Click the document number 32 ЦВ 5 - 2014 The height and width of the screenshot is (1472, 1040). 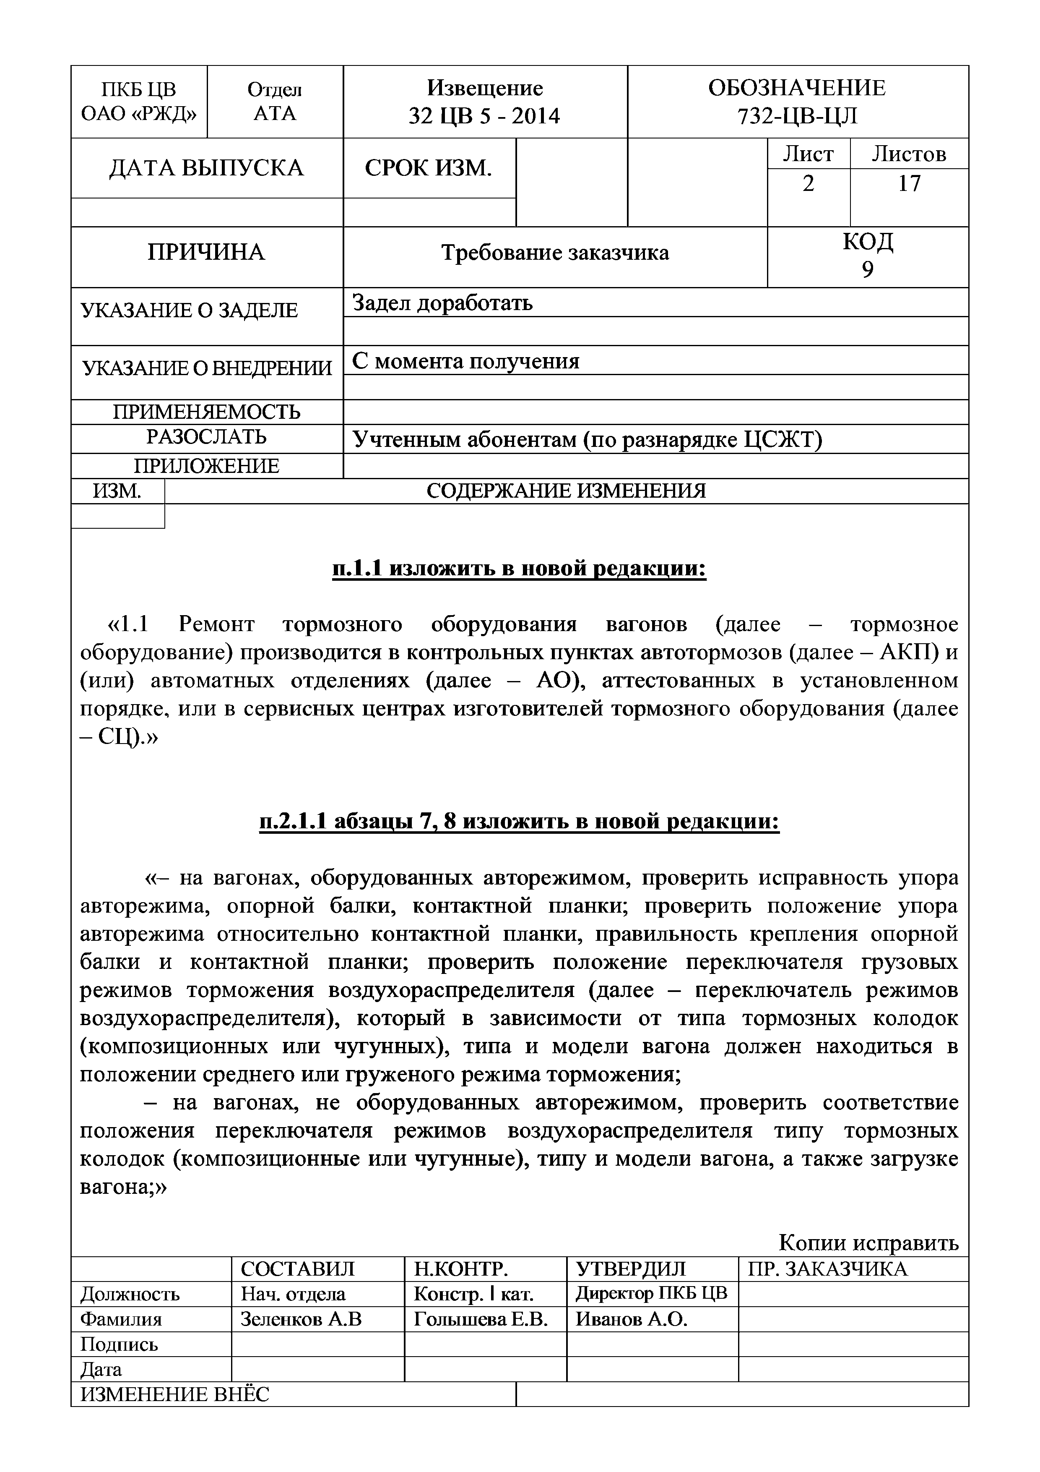pos(484,116)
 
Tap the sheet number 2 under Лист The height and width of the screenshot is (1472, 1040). pos(808,184)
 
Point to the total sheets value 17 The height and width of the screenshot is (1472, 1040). pos(909,184)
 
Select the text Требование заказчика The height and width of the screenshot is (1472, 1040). pos(555,253)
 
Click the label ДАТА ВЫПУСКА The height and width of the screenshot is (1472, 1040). pos(206,168)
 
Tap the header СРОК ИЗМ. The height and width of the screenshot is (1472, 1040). pos(429,168)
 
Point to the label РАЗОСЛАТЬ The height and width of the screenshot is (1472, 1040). pos(206,436)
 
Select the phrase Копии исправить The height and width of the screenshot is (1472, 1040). pos(868,1243)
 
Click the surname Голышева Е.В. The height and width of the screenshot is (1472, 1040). pos(481,1319)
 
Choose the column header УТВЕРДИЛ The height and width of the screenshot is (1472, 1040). pos(631,1269)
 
